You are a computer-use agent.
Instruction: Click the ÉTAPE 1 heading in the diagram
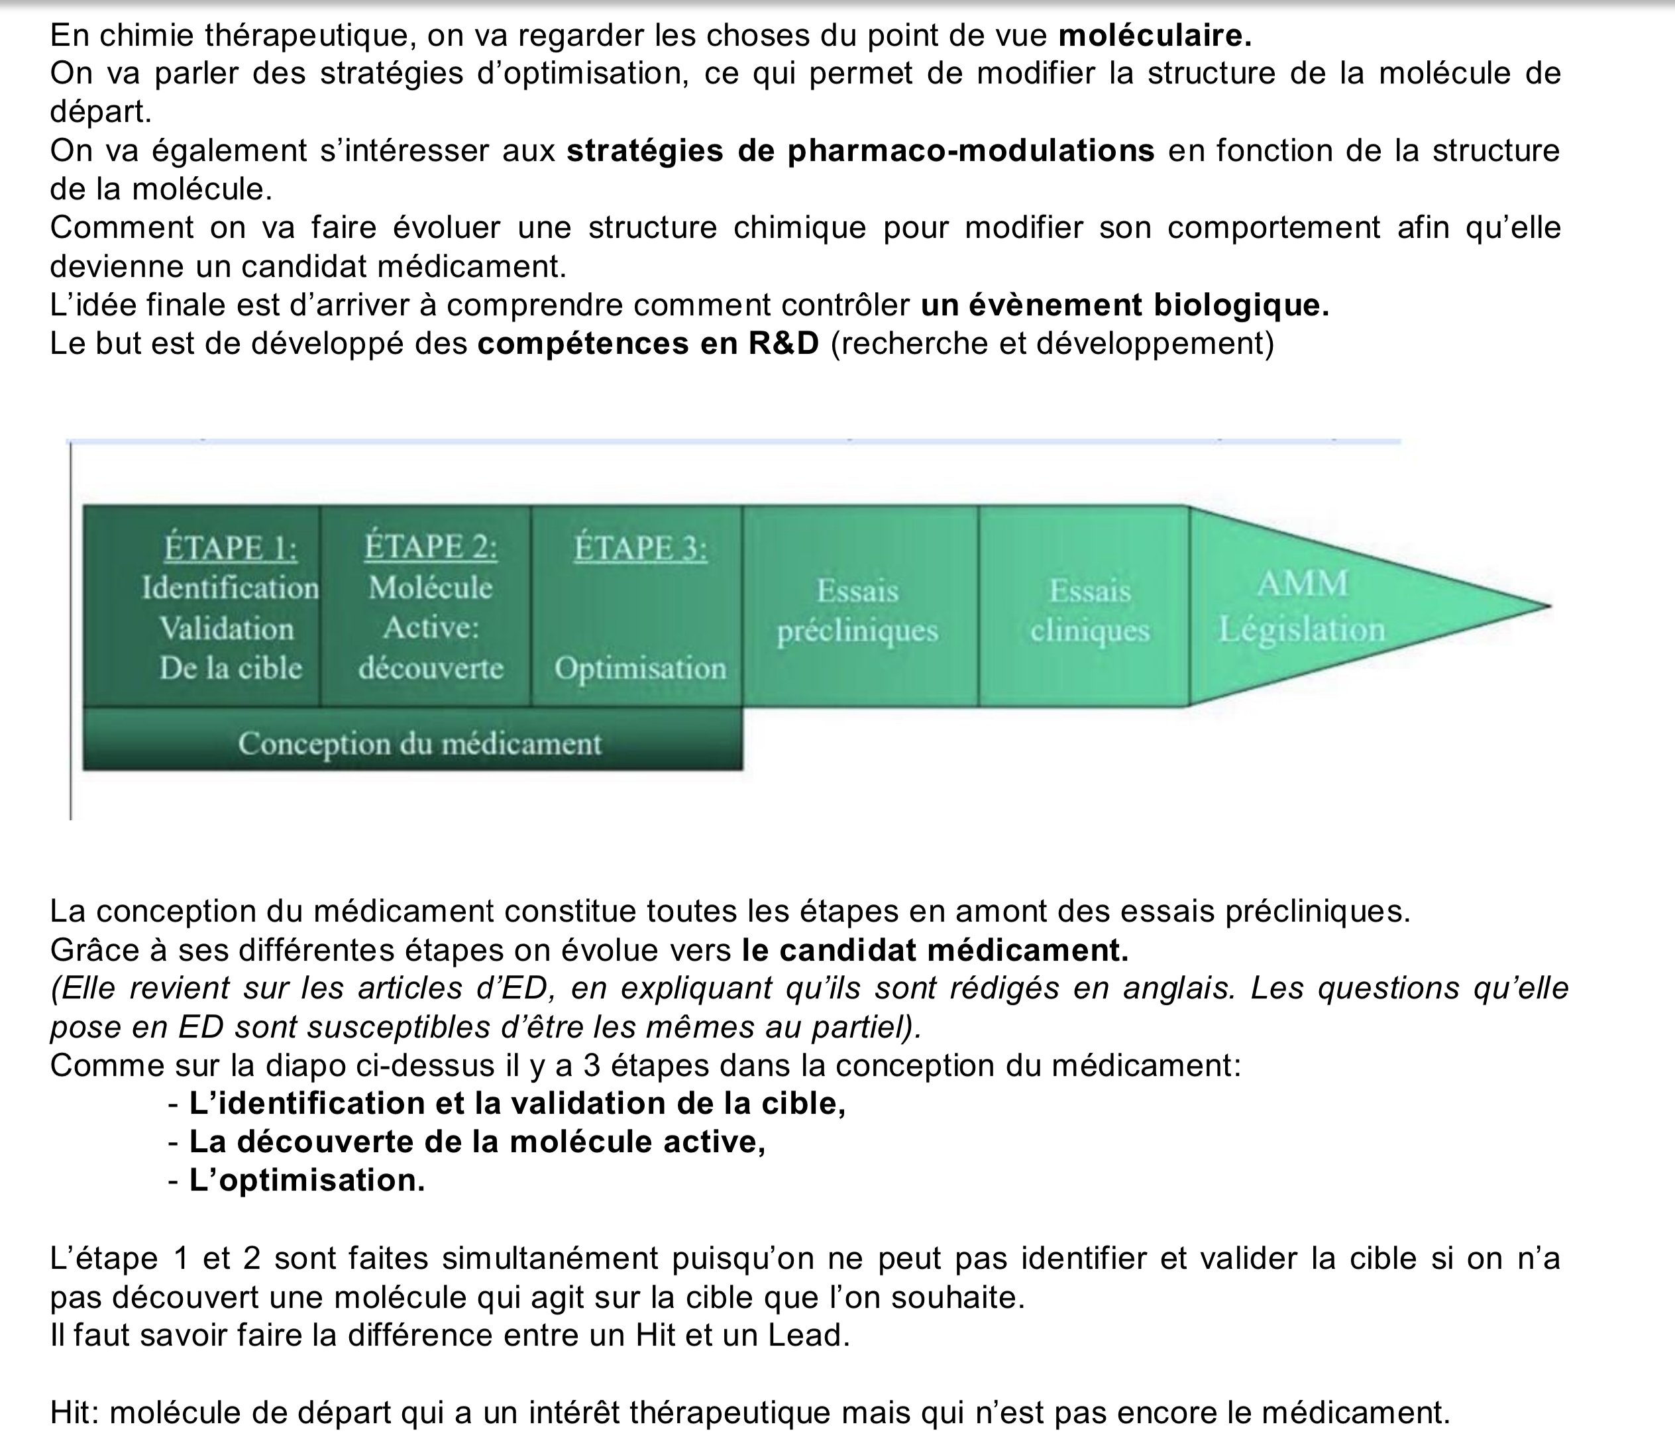click(231, 549)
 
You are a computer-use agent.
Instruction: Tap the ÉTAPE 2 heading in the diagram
click(430, 547)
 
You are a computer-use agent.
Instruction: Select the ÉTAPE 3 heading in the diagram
click(640, 549)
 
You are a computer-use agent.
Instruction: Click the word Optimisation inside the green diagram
click(640, 669)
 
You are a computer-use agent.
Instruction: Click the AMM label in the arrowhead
click(1303, 584)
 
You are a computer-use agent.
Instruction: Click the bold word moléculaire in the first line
click(1154, 36)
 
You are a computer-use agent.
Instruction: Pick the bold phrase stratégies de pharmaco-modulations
click(860, 151)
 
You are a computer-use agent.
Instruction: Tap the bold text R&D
click(783, 344)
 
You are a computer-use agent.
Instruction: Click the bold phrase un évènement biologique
click(1124, 305)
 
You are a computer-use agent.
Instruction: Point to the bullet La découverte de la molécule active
click(477, 1142)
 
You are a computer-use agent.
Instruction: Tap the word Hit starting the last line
click(74, 1413)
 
